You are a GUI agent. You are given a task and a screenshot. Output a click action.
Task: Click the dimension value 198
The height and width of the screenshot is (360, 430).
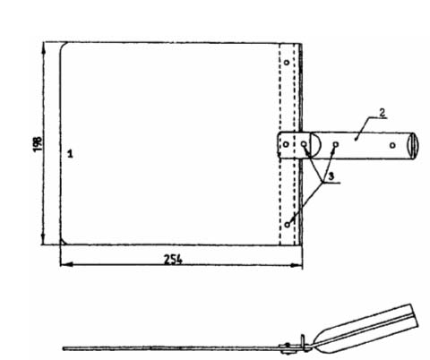38,144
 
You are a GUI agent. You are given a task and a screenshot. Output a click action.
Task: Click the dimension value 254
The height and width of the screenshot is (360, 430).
173,260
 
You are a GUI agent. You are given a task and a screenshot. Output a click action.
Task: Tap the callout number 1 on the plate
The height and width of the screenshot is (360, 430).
70,154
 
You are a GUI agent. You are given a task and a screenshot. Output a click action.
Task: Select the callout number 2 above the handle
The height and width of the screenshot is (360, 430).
382,113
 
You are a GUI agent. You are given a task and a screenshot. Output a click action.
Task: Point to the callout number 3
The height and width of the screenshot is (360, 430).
331,176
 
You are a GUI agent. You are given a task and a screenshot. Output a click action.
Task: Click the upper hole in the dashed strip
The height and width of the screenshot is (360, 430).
287,63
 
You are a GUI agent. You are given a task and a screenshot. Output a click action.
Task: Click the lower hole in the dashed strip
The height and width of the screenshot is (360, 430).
288,225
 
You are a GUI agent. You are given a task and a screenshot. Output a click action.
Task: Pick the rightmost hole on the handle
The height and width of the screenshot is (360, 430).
392,145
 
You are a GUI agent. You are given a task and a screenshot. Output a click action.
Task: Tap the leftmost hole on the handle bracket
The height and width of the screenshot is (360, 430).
286,144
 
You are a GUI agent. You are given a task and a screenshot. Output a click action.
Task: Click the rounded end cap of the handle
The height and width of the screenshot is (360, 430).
414,146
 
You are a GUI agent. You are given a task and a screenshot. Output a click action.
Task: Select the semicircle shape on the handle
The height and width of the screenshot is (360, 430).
316,145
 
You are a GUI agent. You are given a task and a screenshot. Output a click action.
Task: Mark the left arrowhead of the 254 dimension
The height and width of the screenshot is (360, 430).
66,264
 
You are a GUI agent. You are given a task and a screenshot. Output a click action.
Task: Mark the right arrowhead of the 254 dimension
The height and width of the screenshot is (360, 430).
297,264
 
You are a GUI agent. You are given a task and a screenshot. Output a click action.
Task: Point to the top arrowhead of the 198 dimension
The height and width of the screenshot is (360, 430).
44,47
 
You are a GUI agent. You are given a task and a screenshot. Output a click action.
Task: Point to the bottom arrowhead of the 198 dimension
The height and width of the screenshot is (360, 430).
44,239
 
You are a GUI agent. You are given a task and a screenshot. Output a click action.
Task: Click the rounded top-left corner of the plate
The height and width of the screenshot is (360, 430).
64,46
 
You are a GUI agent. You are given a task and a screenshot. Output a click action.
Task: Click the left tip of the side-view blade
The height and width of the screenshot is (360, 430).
64,348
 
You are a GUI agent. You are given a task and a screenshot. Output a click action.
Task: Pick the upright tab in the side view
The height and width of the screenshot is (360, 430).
303,342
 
